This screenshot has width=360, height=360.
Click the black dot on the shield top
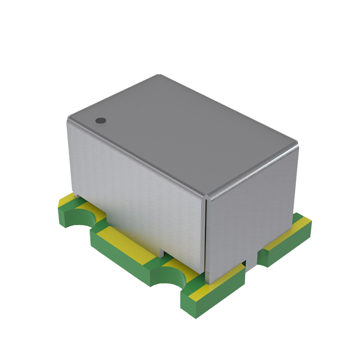point(101,120)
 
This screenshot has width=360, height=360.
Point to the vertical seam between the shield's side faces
point(206,236)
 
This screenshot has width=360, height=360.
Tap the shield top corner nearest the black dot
point(69,118)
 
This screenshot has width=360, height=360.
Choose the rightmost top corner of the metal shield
point(296,147)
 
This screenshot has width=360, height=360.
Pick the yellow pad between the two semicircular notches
point(121,236)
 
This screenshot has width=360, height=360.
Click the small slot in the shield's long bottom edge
point(160,251)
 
